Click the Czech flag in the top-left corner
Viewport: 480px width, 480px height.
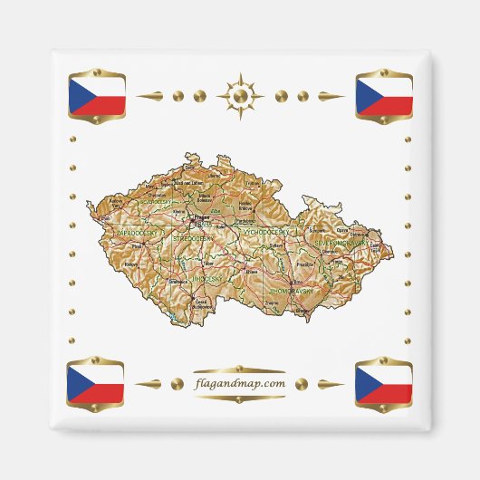coord(96,96)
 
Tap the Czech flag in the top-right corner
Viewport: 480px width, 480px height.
coord(384,95)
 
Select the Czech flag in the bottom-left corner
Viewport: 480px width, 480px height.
coord(96,383)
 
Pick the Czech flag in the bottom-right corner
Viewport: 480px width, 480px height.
coord(384,383)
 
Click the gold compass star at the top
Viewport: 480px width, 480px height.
coord(240,94)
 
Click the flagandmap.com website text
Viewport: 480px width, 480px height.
coord(240,383)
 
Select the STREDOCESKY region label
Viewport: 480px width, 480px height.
coord(195,238)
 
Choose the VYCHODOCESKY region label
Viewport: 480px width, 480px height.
coord(265,233)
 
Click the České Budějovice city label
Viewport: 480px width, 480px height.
coord(203,303)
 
